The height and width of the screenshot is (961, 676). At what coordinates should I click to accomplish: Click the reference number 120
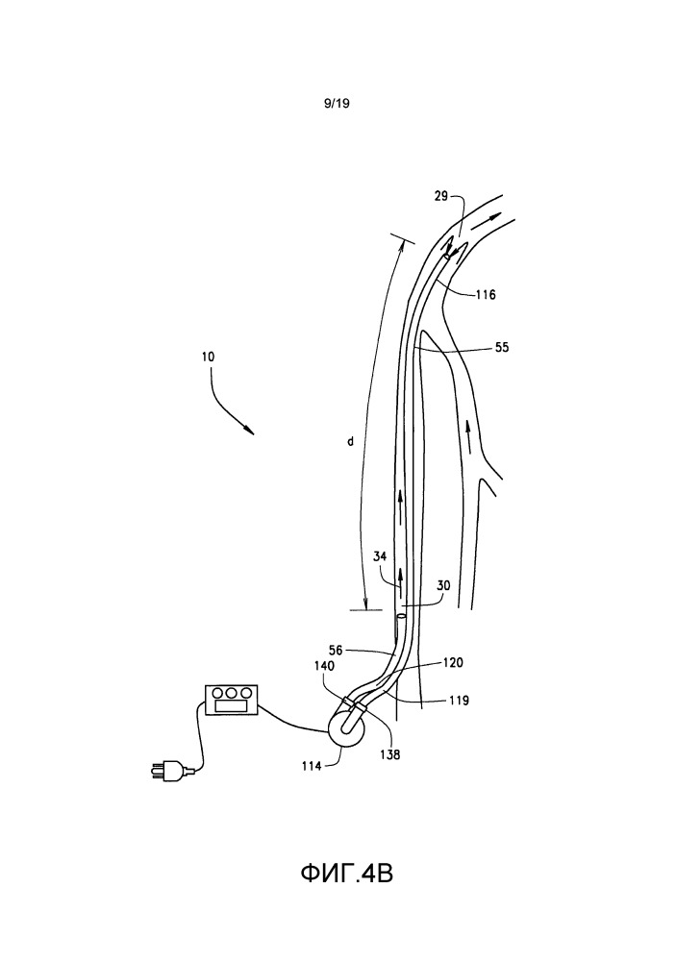[x=454, y=664]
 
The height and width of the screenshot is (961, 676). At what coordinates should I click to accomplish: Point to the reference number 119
[x=459, y=701]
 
